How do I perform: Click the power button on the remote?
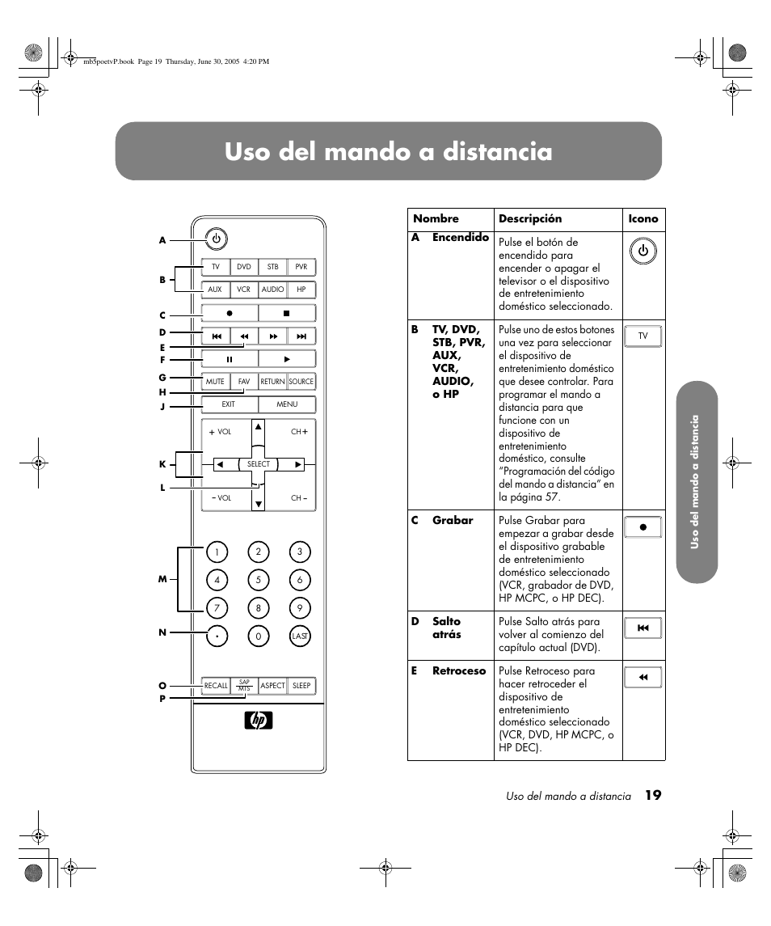coord(216,239)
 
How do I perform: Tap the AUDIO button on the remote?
coord(272,290)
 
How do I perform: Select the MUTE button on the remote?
coord(215,382)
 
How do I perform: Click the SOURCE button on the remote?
coord(301,382)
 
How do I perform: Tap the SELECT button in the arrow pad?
coord(259,464)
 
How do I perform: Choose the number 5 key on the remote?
coord(259,580)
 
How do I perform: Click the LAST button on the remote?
coord(300,636)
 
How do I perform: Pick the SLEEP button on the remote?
coord(301,686)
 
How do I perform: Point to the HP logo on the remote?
coord(259,721)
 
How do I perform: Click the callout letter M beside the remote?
coord(162,580)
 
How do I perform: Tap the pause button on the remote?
coord(230,359)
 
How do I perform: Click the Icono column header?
coord(643,219)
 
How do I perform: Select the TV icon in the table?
coord(643,336)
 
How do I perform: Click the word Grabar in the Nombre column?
coord(453,521)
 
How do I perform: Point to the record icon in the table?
coord(643,527)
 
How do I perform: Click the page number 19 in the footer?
coord(653,796)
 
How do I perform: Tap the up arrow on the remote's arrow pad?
coord(259,426)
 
